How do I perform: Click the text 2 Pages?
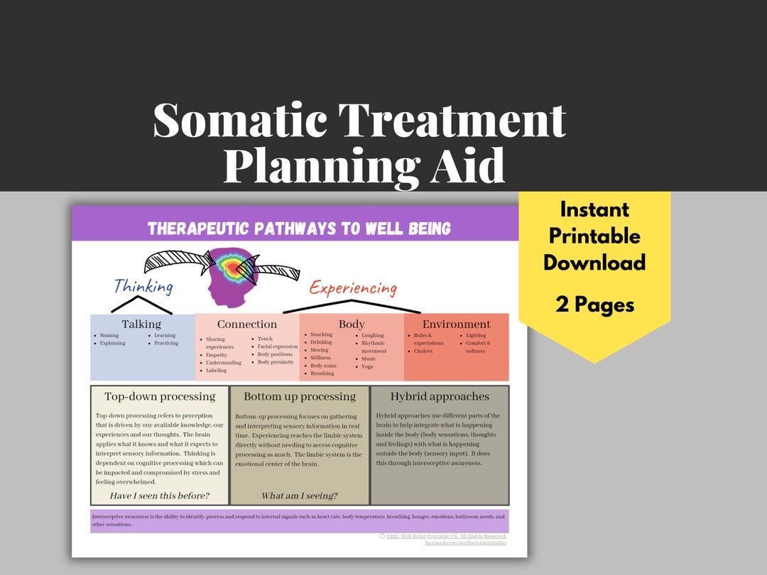pos(594,305)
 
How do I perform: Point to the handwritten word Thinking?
pos(143,286)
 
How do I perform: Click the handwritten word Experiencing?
pos(352,287)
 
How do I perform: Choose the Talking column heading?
pos(141,324)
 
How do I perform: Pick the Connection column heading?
pos(247,324)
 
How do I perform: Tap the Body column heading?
pos(352,324)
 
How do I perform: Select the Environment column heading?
pos(457,324)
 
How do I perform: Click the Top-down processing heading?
pos(160,396)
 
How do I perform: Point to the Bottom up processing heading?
pos(300,396)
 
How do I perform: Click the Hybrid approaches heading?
pos(440,396)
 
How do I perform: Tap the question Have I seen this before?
pos(160,495)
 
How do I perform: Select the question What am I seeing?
pos(300,495)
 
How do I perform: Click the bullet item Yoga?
pos(367,366)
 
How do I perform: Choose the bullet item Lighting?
pos(476,335)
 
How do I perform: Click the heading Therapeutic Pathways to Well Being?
pos(299,229)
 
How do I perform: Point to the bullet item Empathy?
pos(217,355)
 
